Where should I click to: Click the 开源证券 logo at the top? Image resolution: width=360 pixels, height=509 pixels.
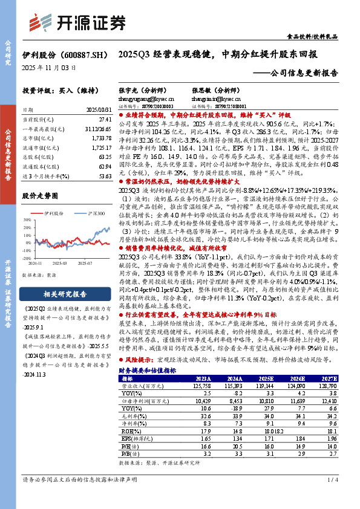coord(84,22)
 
